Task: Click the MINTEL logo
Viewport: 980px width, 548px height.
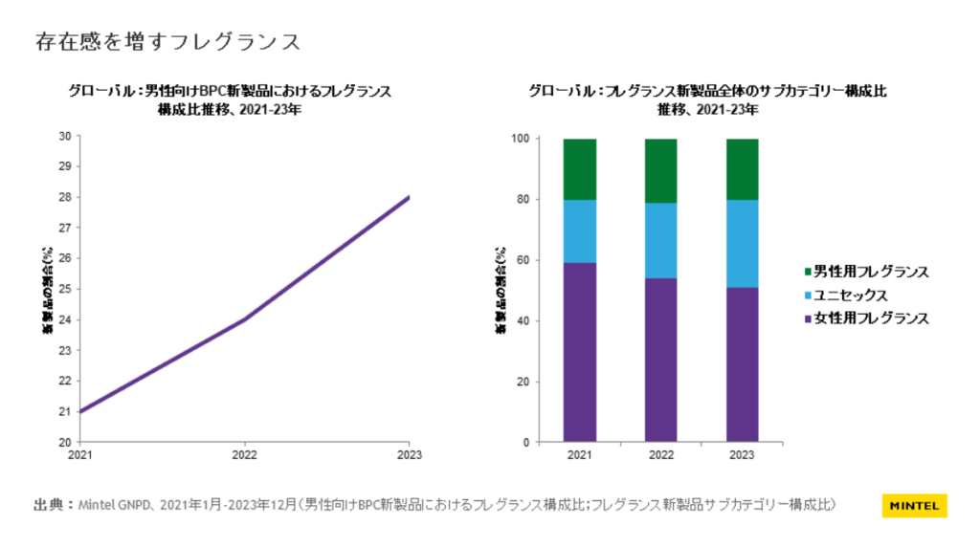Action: click(x=914, y=505)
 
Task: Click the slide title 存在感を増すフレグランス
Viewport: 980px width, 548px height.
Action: click(x=167, y=42)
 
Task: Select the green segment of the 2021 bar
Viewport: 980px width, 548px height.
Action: click(x=579, y=169)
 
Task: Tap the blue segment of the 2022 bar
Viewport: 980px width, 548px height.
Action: click(x=660, y=240)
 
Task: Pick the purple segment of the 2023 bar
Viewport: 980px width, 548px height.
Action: click(x=742, y=364)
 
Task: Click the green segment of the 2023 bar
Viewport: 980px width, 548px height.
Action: click(x=742, y=169)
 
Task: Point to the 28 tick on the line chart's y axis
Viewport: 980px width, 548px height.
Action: click(x=65, y=197)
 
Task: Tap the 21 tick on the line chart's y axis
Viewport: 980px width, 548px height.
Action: click(x=65, y=411)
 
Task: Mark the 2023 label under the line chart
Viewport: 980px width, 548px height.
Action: click(x=409, y=455)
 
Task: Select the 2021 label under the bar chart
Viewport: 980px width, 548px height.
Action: click(x=579, y=456)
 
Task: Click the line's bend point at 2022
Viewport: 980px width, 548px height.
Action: click(x=244, y=319)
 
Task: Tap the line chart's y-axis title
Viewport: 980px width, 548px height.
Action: click(x=46, y=289)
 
